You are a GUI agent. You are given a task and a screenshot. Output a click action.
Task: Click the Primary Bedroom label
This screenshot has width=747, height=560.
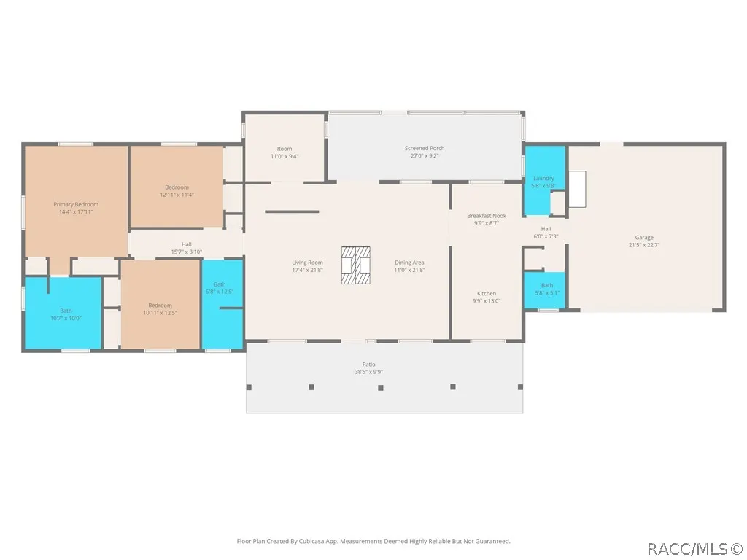point(76,204)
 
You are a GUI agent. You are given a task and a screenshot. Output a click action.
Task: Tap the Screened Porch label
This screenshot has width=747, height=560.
point(425,148)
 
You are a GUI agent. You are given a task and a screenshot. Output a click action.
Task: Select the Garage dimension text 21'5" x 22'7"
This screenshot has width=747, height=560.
point(644,245)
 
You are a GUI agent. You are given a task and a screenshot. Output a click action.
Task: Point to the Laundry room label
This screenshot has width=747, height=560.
point(543,178)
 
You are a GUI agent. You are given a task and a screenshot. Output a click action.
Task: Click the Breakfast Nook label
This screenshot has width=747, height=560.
point(487,216)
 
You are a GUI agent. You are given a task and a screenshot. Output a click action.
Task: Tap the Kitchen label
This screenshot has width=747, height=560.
point(487,293)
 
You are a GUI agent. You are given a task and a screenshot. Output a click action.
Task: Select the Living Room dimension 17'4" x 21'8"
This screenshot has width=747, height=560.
point(307,270)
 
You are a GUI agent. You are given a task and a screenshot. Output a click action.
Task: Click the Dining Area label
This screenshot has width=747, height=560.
point(409,262)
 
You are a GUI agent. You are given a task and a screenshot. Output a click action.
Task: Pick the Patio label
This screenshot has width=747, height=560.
point(368,365)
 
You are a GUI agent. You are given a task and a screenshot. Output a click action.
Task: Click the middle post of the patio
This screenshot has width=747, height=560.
point(381,388)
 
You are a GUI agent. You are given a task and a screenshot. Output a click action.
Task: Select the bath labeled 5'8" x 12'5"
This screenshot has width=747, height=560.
point(222,305)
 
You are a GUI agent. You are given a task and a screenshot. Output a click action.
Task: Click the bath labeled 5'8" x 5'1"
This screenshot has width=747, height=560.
point(544,290)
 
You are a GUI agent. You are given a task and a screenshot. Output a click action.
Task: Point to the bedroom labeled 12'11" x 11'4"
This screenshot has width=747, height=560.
point(177,187)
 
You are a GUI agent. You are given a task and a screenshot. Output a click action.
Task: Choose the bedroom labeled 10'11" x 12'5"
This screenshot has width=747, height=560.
point(160,305)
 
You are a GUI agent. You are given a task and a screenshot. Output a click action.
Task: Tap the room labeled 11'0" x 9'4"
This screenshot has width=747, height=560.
point(285,147)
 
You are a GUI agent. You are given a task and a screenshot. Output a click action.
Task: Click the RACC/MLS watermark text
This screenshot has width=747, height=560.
point(695,549)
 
